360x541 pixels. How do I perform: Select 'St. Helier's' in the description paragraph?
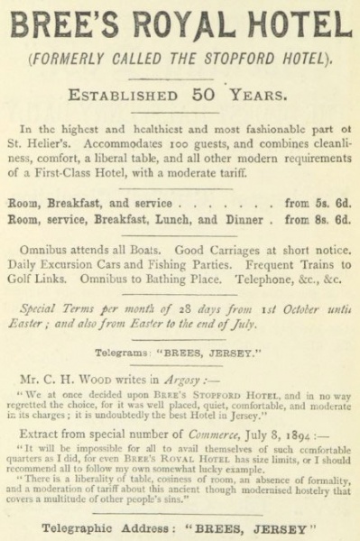click(42, 139)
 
